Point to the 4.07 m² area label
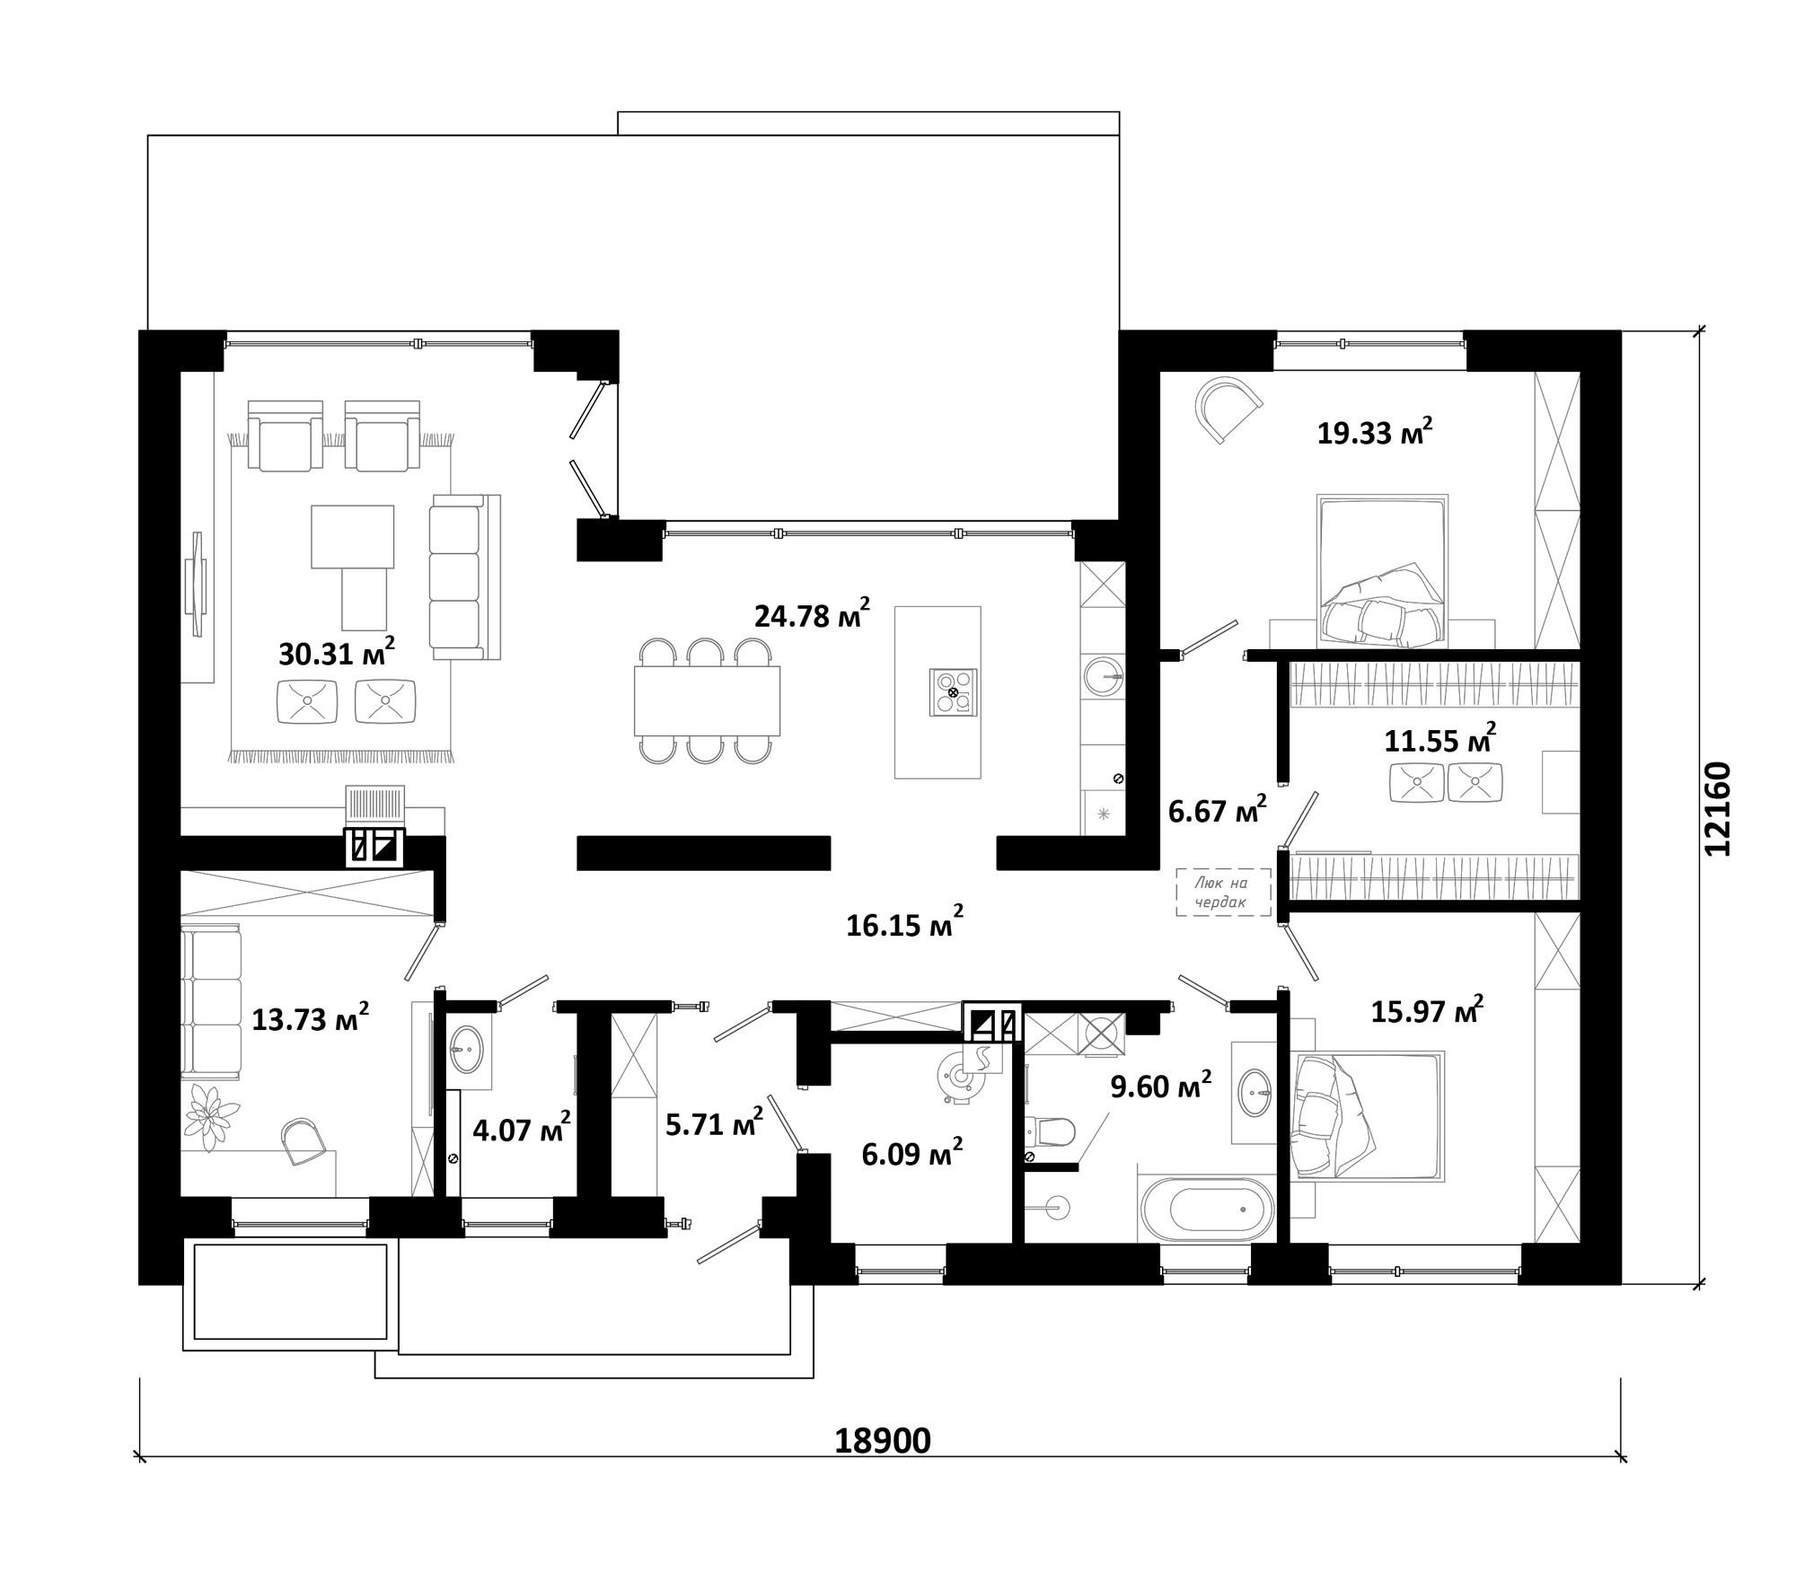click(522, 1128)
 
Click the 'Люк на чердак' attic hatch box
click(1224, 892)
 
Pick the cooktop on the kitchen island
click(953, 692)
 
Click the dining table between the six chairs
click(707, 701)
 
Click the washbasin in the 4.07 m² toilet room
click(466, 1049)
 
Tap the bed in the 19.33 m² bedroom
click(1382, 570)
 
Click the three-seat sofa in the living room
click(464, 576)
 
